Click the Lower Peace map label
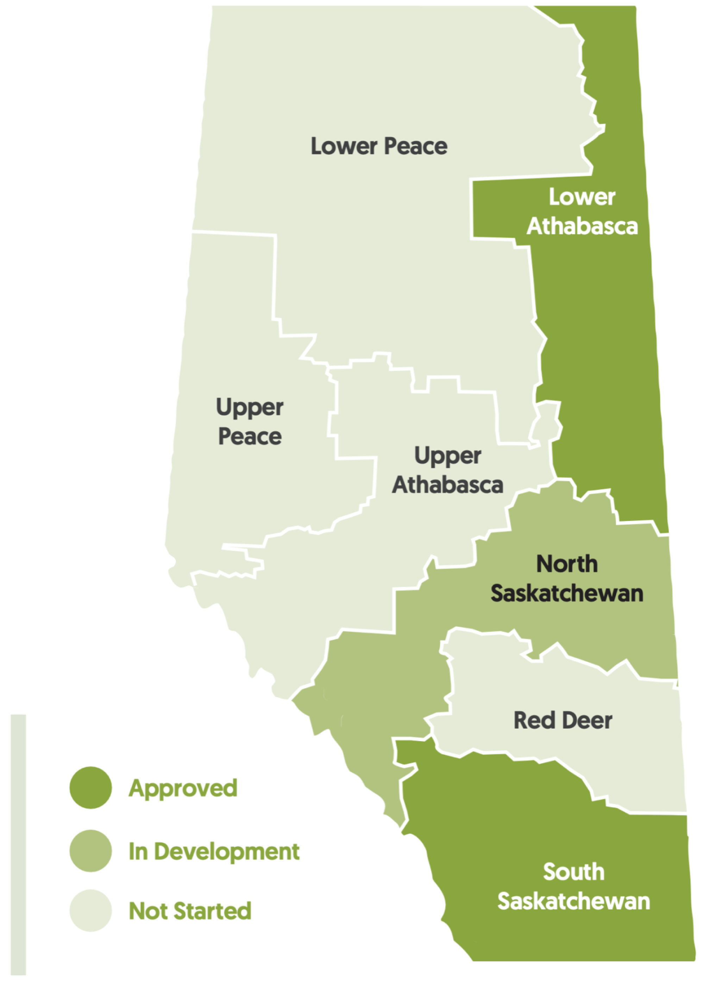point(379,146)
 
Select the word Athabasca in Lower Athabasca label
point(582,226)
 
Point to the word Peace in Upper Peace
point(250,436)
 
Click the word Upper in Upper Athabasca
point(447,456)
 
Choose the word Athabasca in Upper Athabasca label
point(447,485)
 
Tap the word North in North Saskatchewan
point(567,564)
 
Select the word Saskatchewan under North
point(567,594)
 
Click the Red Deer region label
point(563,720)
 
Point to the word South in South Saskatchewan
point(573,872)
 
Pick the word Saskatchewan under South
point(573,902)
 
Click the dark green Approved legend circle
point(90,788)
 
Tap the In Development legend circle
point(90,851)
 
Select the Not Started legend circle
point(90,910)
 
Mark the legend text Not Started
point(190,911)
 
